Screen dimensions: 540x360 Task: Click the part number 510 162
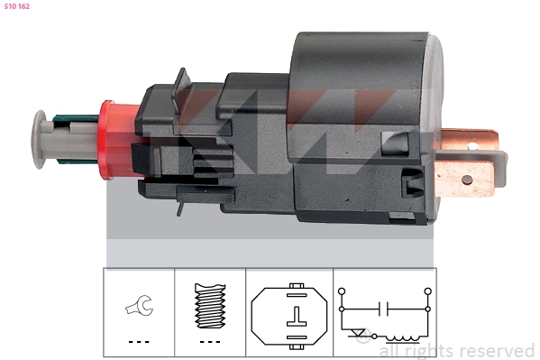pos(17,6)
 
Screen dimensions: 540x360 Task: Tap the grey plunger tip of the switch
pos(39,139)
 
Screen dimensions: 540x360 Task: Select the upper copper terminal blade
pos(469,139)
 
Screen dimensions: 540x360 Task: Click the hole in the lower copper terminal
pos(467,180)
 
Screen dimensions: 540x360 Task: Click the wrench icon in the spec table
pos(140,306)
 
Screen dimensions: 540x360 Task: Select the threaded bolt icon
pos(210,306)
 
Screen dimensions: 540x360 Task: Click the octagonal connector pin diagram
pos(289,316)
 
